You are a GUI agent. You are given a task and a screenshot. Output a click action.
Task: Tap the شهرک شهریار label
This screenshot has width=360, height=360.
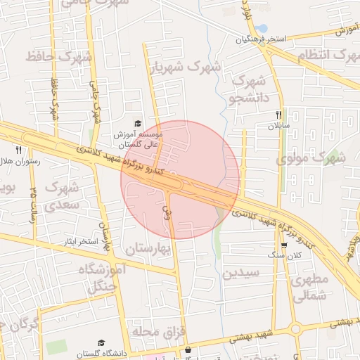(185, 69)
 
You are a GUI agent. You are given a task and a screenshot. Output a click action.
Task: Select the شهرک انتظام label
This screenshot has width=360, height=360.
(323, 56)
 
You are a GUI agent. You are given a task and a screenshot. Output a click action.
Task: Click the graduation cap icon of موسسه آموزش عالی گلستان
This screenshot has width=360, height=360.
(137, 124)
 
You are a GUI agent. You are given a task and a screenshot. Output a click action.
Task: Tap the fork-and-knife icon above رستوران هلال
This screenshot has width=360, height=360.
(18, 150)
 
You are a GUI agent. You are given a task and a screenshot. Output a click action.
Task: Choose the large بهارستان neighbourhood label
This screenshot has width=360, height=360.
(149, 249)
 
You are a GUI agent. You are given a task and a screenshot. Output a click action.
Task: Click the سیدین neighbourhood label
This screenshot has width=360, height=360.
(240, 273)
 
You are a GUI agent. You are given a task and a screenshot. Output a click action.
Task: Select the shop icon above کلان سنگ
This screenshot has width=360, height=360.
(283, 246)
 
